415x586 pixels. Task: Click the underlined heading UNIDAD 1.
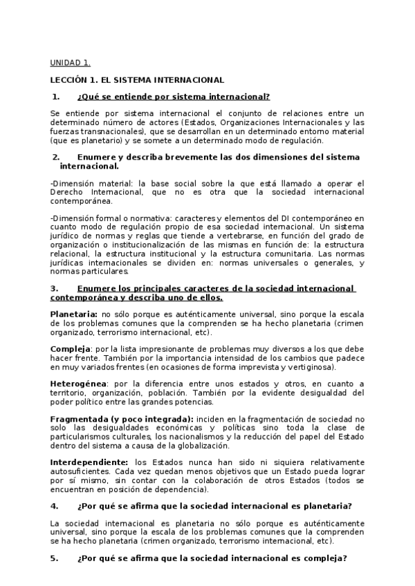(70, 62)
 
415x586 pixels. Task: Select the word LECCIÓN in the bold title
(70, 80)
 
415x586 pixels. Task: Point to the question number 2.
(55, 157)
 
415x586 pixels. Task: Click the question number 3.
(55, 287)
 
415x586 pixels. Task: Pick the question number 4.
(55, 506)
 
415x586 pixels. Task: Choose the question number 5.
(55, 558)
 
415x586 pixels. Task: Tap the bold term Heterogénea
(78, 384)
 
